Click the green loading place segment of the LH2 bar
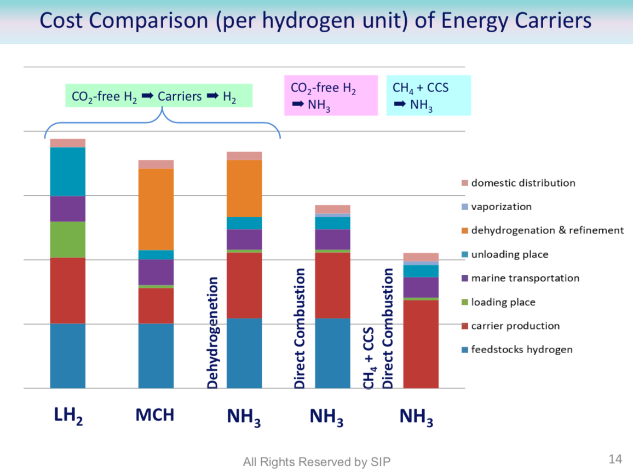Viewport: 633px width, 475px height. coord(68,240)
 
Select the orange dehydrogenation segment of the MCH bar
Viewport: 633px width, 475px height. coord(156,209)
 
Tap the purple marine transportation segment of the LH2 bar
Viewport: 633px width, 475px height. coord(68,208)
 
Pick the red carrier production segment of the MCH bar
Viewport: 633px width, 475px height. coord(156,305)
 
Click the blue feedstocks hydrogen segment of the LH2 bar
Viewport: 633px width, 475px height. coord(68,356)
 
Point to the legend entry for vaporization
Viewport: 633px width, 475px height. coord(501,207)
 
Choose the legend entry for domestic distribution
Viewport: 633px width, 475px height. coord(523,183)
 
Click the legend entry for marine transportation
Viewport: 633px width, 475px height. coord(525,278)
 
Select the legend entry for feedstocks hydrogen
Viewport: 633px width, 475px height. coord(521,350)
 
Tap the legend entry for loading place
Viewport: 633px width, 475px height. coord(503,302)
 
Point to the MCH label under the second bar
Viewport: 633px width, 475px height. coord(155,415)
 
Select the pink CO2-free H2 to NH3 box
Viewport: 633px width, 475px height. coord(330,95)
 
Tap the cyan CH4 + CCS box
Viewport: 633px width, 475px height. coord(428,95)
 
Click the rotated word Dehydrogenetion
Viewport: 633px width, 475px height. coord(213,333)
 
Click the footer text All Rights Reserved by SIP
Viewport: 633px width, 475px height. coord(316,462)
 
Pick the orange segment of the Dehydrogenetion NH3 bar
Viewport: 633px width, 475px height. coord(244,188)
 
